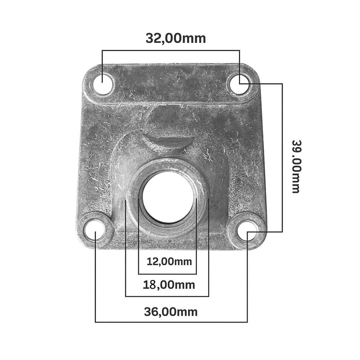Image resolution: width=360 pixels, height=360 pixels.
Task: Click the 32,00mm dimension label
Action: [x=176, y=38]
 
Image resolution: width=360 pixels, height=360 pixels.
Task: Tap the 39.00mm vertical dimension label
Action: [x=296, y=166]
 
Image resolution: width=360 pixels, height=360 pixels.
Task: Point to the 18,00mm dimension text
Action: [x=169, y=285]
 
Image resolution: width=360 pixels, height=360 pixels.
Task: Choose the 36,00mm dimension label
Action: [x=171, y=312]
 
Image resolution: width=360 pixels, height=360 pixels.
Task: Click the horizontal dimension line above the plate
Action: [x=171, y=50]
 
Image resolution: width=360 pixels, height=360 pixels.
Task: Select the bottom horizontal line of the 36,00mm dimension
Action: [x=171, y=321]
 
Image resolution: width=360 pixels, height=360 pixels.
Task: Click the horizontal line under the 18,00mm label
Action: [x=167, y=296]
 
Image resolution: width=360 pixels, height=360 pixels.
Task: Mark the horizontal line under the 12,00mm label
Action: [x=167, y=274]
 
